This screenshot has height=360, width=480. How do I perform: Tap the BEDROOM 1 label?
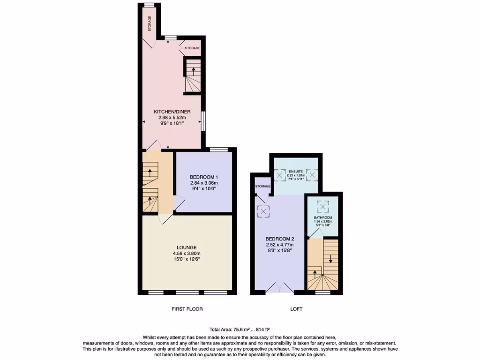click(x=204, y=177)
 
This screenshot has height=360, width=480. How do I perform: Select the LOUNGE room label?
click(x=187, y=247)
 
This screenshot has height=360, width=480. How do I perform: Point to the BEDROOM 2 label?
click(x=280, y=239)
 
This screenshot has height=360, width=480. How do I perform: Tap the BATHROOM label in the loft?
click(x=323, y=218)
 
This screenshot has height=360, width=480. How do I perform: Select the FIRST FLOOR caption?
click(x=187, y=309)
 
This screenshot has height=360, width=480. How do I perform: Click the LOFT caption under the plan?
click(x=296, y=309)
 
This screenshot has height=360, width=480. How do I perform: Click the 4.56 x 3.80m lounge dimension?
click(x=187, y=254)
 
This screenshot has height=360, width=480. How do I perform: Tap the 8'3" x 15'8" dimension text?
click(x=280, y=250)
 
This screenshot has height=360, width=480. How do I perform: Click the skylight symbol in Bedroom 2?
click(x=264, y=211)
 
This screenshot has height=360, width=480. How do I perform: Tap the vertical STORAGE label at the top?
click(x=150, y=24)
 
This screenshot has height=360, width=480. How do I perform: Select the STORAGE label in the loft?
click(x=263, y=186)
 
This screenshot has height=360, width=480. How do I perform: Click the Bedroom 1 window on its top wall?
click(x=218, y=150)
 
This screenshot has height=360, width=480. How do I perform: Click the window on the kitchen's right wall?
click(x=202, y=121)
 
